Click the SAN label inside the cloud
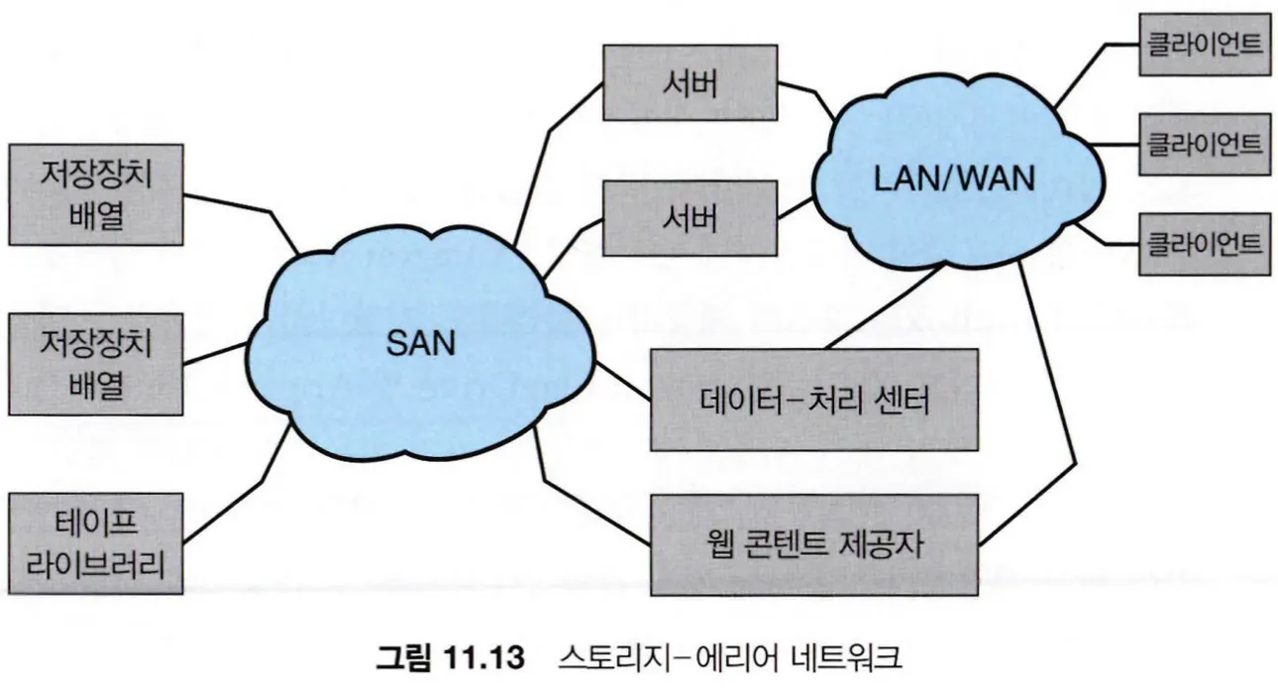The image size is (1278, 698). pos(419,344)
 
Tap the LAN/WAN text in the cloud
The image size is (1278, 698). pos(954,179)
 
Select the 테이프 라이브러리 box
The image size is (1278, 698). pos(96,543)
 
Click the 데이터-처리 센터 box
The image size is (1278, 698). pos(813,400)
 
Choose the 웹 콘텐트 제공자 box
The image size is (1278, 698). pos(813,544)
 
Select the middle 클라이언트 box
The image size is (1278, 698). pos(1203,145)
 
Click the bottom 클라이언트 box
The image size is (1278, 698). pos(1203,244)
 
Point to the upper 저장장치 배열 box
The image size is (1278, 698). pos(96,194)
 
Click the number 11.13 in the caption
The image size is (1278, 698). pos(481,657)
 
